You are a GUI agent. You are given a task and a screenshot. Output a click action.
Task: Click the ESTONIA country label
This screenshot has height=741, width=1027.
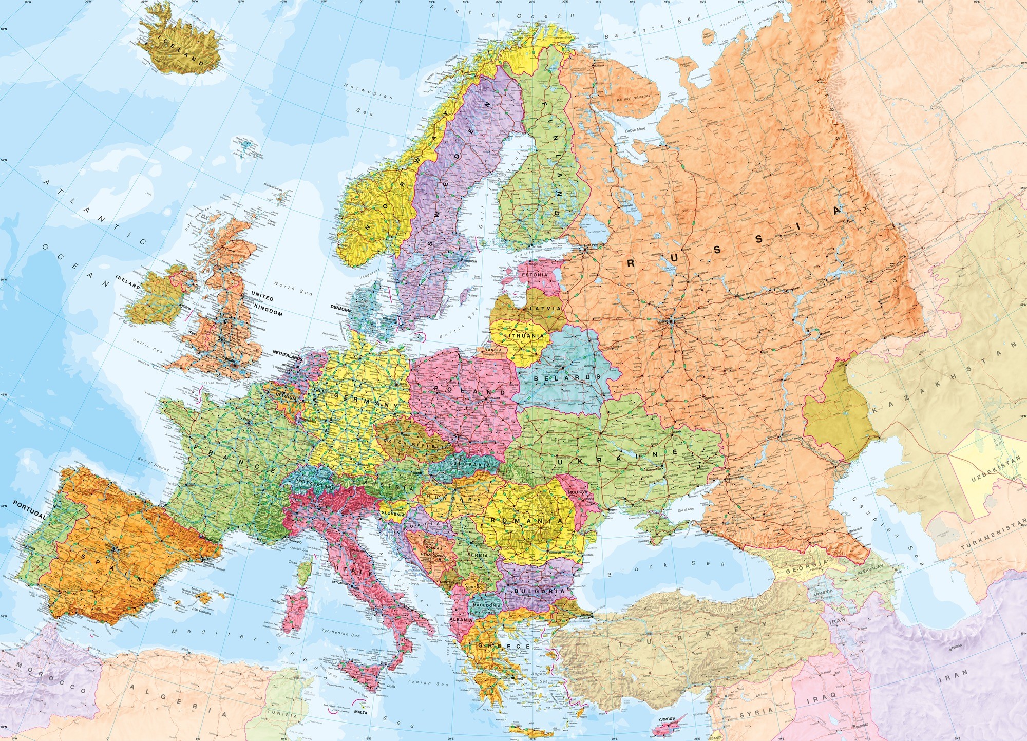coord(535,275)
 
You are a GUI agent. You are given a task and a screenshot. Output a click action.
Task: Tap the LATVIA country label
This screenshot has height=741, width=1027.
coord(545,309)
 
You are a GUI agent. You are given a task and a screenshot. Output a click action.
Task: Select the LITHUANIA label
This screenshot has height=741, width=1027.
coord(523,336)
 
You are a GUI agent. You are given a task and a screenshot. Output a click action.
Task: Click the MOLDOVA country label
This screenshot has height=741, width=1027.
coord(578,492)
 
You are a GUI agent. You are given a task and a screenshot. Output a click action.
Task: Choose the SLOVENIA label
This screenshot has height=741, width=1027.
coord(393,513)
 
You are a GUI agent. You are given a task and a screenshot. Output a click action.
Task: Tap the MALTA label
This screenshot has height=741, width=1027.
coord(361,712)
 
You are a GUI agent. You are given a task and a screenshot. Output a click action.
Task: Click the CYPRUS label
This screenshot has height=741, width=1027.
coord(667,719)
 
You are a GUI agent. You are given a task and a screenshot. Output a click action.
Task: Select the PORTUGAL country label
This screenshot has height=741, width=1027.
coord(29,510)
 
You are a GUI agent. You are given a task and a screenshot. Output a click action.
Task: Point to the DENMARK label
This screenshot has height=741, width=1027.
coord(341,310)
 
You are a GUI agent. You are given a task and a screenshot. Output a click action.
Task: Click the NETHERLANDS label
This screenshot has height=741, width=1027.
coord(288,355)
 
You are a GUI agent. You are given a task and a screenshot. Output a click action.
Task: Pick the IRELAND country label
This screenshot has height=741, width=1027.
coord(127,281)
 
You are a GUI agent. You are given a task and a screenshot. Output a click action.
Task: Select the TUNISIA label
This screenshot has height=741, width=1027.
coord(282,714)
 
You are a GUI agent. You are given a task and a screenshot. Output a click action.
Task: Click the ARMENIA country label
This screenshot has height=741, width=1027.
coord(823,592)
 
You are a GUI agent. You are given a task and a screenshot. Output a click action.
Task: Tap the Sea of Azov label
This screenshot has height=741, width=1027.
coord(686,510)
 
